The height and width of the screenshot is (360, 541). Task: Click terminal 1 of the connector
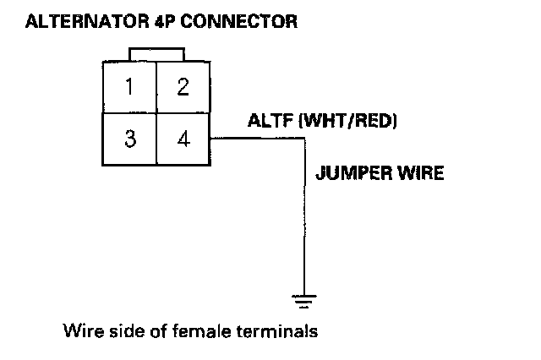[x=128, y=86]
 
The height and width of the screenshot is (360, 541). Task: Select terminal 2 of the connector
[x=183, y=86]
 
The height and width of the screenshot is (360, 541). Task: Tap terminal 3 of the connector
[x=128, y=139]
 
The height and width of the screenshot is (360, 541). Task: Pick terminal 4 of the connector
[x=183, y=139]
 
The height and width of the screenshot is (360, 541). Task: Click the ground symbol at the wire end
[x=302, y=298]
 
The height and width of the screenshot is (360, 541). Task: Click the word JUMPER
[x=348, y=175]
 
